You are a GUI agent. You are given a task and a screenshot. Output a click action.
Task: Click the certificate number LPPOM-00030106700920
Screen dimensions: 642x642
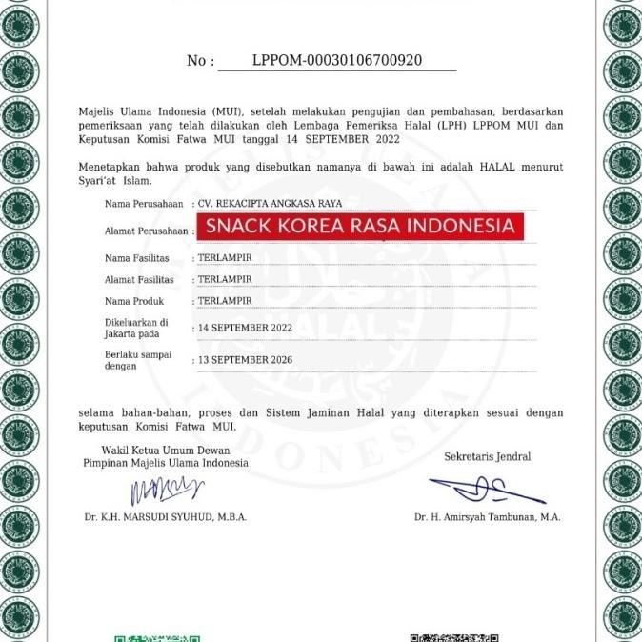(x=337, y=60)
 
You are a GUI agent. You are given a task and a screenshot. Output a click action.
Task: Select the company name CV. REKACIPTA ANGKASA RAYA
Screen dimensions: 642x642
(x=269, y=204)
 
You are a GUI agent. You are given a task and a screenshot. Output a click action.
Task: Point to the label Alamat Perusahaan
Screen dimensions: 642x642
(x=145, y=231)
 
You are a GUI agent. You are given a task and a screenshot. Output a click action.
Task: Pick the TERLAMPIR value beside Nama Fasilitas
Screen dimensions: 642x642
(x=224, y=258)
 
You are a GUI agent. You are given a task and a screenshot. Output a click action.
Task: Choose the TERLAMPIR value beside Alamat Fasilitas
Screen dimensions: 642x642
(x=224, y=279)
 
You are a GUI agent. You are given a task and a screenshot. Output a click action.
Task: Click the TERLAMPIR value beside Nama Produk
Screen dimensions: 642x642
(x=224, y=300)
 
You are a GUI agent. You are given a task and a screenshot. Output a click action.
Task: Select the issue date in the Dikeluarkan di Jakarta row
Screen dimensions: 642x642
(x=244, y=328)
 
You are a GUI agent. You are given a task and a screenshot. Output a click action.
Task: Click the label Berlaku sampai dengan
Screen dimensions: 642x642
(x=131, y=360)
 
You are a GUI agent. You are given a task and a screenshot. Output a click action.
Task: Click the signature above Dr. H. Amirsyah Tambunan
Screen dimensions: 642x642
(x=487, y=489)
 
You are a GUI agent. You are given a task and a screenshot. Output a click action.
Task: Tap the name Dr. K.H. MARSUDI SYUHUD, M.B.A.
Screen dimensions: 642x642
(x=165, y=517)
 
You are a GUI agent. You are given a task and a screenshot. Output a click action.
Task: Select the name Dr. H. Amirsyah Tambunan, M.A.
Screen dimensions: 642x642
(x=488, y=517)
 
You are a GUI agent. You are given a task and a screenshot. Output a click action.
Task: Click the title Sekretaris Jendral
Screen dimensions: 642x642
(x=488, y=457)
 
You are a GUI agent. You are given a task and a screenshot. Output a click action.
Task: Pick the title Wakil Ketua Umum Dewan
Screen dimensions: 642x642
(x=166, y=450)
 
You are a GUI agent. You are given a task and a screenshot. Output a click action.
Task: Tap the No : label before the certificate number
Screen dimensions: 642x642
(x=200, y=61)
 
